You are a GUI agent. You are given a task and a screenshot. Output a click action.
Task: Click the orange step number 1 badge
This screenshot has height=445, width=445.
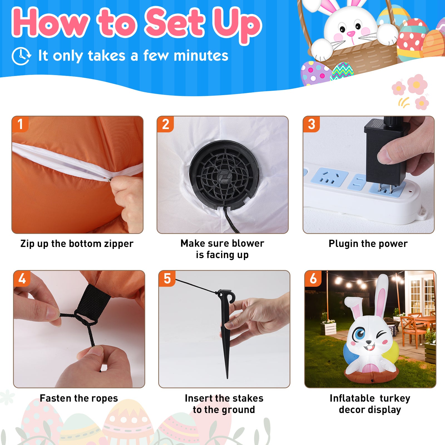(20, 124)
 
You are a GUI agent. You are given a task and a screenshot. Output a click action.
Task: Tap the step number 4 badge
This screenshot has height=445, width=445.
(22, 278)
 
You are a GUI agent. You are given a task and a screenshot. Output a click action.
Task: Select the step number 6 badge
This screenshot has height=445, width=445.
(313, 278)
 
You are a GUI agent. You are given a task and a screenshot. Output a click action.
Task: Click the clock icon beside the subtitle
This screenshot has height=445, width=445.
(21, 56)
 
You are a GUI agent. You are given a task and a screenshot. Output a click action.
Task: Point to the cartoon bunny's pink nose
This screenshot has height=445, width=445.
(351, 34)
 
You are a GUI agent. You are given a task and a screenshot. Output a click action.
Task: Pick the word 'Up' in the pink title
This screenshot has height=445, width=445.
(236, 24)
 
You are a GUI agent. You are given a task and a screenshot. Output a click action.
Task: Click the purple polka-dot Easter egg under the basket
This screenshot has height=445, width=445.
(315, 73)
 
